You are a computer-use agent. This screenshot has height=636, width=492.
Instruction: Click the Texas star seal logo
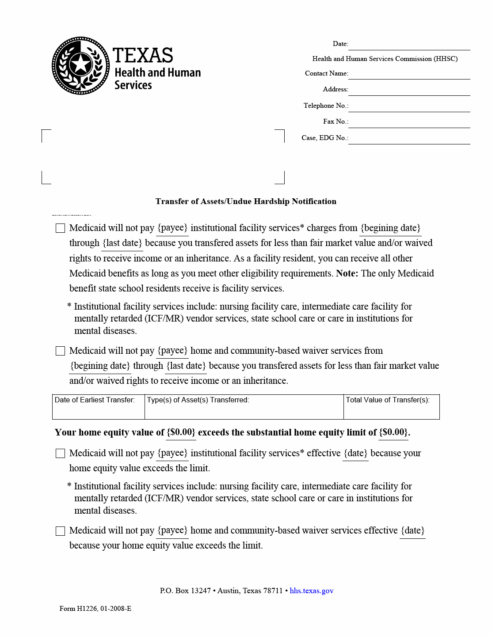coord(80,65)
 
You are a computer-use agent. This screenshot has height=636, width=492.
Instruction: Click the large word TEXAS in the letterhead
coord(143,56)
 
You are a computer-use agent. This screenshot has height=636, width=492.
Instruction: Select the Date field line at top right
coord(409,45)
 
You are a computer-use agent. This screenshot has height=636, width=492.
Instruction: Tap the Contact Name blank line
coord(409,74)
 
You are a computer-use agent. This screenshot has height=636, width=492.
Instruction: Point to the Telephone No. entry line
coord(409,106)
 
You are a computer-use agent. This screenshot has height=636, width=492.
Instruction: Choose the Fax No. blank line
coord(409,122)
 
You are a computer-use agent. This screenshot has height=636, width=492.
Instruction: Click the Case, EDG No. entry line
coord(409,139)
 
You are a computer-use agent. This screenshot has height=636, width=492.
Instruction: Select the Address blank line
coord(409,90)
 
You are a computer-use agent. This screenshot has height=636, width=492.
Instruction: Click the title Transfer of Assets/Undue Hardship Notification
coord(246,201)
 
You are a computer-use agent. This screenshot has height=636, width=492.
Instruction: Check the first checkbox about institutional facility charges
coord(61,228)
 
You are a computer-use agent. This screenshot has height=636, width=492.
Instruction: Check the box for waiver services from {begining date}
coord(61,351)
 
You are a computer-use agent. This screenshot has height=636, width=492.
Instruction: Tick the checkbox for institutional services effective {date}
coord(61,454)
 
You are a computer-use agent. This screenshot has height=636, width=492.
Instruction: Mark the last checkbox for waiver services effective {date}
coord(61,531)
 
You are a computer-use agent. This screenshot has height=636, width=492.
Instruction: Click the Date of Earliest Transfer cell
coord(98,407)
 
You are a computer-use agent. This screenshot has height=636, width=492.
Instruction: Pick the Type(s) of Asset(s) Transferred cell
coord(244,407)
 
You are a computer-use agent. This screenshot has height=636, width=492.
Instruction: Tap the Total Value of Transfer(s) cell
coord(391,407)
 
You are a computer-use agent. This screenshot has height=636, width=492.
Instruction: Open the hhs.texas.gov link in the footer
coord(312,591)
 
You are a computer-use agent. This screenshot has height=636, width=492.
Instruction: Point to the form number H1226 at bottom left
coord(95,609)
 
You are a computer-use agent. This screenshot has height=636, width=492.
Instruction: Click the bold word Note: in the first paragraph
coord(347,273)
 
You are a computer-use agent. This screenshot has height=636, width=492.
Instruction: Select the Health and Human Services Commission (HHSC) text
coord(385,59)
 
